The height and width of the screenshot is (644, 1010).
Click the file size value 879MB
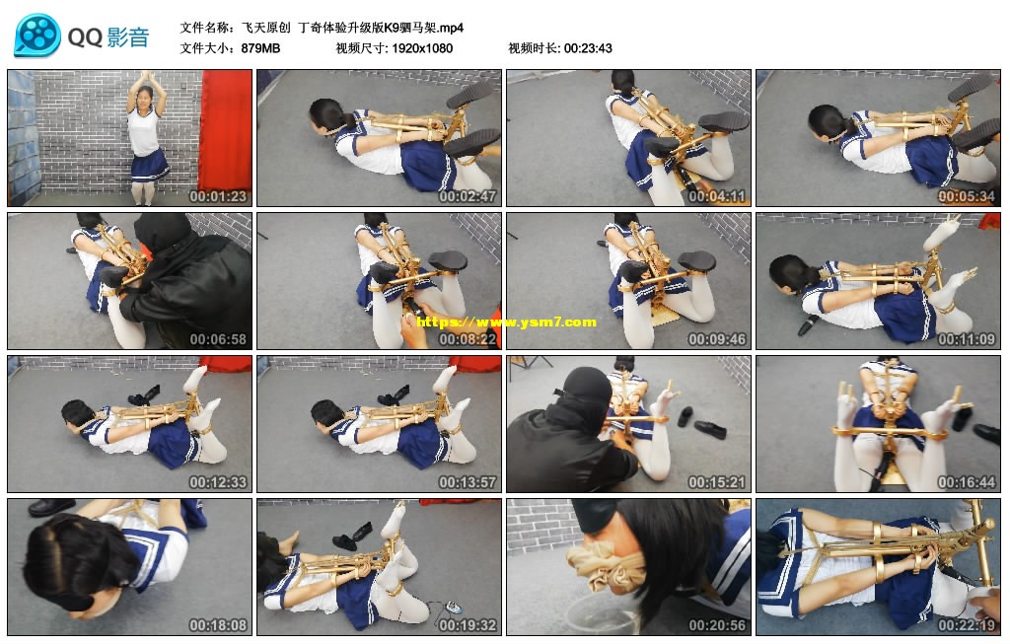[x=260, y=48]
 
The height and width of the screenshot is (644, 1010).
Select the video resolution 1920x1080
[x=422, y=48]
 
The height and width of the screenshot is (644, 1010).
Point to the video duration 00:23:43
[x=588, y=48]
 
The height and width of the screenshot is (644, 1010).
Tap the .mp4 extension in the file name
[x=451, y=28]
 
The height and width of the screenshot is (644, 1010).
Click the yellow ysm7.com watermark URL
[x=506, y=322]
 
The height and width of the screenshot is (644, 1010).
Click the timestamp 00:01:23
[x=218, y=196]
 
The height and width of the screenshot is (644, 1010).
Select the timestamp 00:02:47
[x=468, y=196]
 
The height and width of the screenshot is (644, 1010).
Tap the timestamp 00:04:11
[x=717, y=196]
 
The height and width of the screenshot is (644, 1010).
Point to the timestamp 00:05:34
[x=967, y=196]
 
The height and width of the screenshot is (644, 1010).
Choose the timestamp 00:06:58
[x=218, y=339]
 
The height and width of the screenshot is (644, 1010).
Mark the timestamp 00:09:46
[x=717, y=339]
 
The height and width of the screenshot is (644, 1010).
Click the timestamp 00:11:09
[x=967, y=339]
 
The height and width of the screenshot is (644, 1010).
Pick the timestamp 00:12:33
[x=218, y=482]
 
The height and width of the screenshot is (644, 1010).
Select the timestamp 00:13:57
[x=468, y=482]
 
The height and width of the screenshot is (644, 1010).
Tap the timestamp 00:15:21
[x=717, y=482]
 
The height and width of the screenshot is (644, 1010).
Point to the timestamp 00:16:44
[x=967, y=482]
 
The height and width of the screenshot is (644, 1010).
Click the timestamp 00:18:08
[x=218, y=625]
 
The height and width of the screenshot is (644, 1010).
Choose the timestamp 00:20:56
[x=717, y=625]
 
